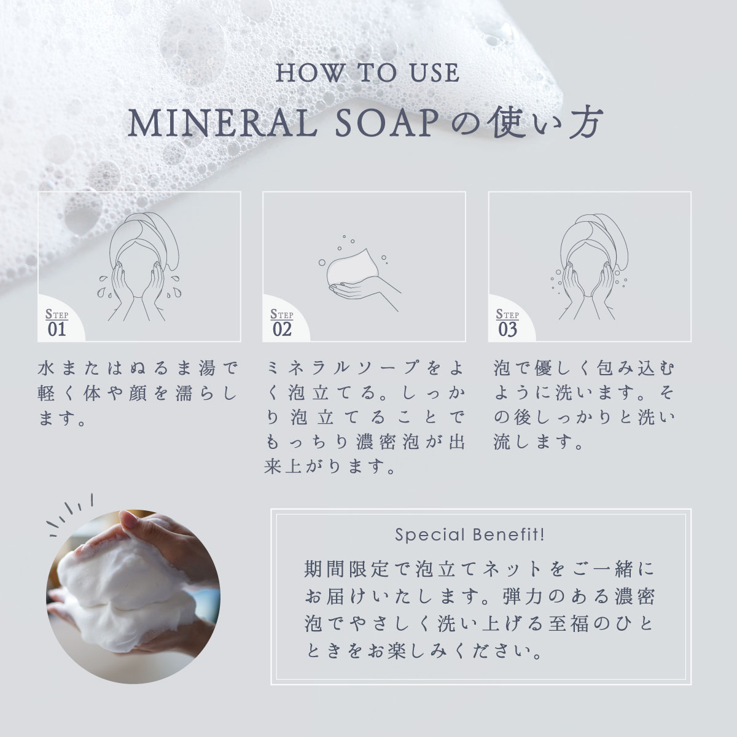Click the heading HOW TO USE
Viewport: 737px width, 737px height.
367,72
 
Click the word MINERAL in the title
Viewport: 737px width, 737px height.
222,124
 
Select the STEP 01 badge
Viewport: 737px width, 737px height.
57,322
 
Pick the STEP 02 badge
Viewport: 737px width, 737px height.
282,322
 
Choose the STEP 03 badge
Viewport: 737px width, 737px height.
507,322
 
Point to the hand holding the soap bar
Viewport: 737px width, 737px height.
365,295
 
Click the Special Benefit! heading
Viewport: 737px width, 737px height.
469,535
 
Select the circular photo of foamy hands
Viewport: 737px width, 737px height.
133,597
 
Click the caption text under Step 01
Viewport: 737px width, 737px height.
138,394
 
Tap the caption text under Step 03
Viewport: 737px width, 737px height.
585,405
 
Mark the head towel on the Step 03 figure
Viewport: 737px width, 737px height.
594,237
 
